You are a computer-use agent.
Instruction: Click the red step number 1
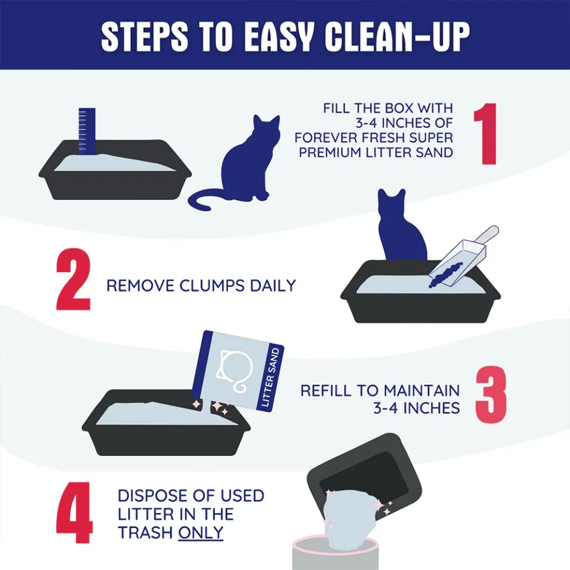pyautogui.click(x=486, y=134)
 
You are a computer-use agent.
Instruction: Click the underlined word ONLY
pyautogui.click(x=201, y=532)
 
